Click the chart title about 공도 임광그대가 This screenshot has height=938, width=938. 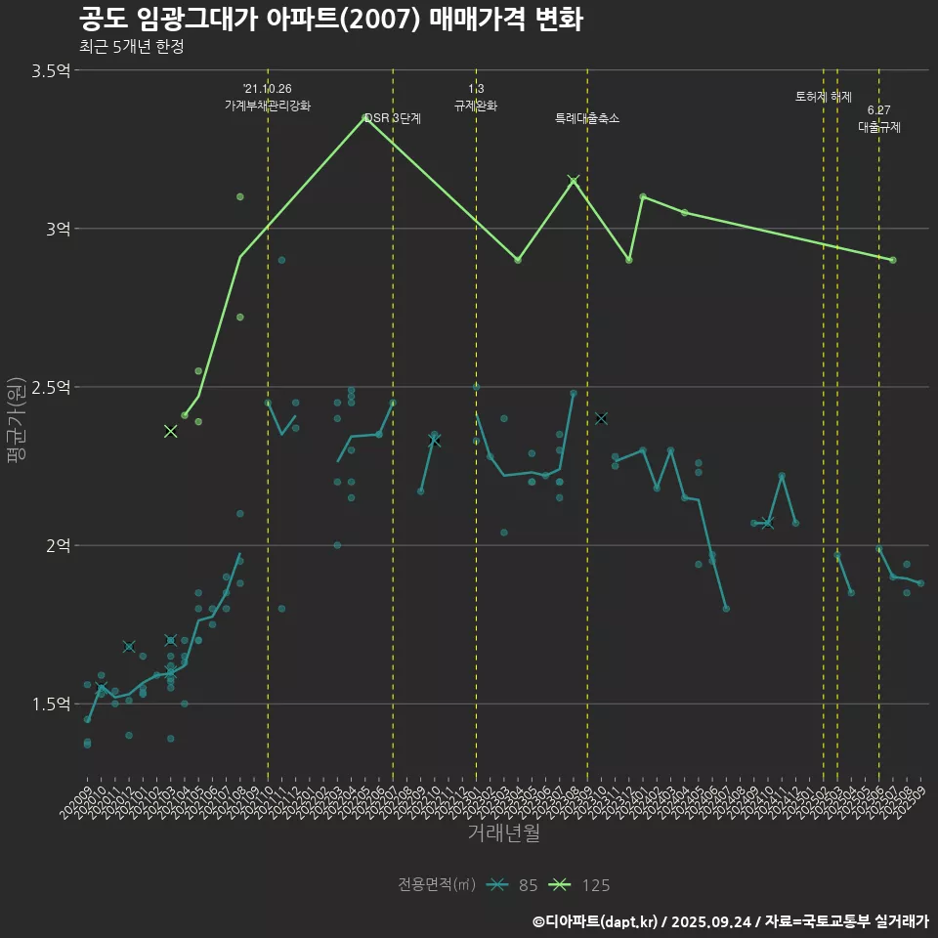(330, 20)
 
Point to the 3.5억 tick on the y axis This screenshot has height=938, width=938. (51, 70)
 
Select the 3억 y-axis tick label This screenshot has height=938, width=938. (58, 229)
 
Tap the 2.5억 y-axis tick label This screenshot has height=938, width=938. (51, 387)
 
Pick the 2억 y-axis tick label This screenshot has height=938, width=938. (58, 545)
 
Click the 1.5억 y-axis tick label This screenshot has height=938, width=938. (51, 703)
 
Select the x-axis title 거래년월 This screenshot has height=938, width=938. (503, 832)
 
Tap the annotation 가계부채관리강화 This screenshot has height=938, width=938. (268, 106)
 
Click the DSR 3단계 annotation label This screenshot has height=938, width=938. (393, 118)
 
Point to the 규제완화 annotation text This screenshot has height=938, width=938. (476, 106)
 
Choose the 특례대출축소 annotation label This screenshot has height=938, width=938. (587, 118)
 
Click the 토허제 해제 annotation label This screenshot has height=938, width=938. (824, 97)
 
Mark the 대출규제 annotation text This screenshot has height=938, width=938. (879, 127)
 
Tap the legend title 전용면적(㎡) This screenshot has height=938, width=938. (437, 885)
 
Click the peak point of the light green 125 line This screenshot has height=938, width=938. (365, 117)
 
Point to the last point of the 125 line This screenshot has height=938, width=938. (893, 260)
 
